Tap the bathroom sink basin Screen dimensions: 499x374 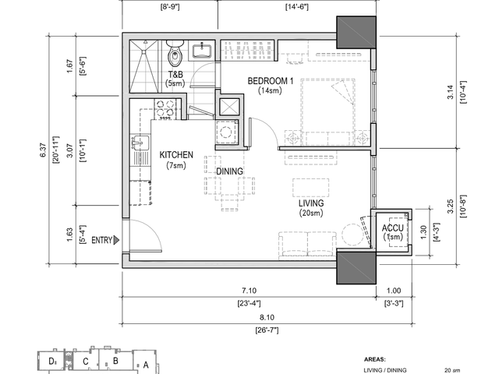coord(201,51)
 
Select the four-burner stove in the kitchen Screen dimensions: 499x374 coord(165,109)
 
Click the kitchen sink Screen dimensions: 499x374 coord(140,143)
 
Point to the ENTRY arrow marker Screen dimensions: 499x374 coord(116,240)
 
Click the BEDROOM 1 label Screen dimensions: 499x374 coord(271,81)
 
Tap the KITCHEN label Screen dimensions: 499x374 coord(176,155)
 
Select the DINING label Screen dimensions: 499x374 coord(229,171)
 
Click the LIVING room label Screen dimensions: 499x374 coord(311,203)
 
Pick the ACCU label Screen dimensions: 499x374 coord(393,228)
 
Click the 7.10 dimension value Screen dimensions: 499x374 coord(249,291)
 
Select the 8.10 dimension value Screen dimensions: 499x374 coord(267,317)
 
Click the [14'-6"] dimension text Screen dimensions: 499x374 coord(296,7)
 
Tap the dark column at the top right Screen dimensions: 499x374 coord(356,32)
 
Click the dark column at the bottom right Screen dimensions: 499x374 coord(356,267)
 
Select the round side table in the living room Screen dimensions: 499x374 coord(352,235)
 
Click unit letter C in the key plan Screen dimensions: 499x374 coord(85,362)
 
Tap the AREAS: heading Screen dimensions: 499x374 coord(374,360)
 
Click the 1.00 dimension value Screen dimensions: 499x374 coord(394,291)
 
